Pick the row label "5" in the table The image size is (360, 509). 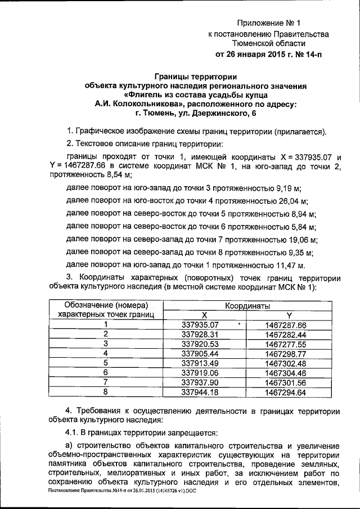tap(105, 362)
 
